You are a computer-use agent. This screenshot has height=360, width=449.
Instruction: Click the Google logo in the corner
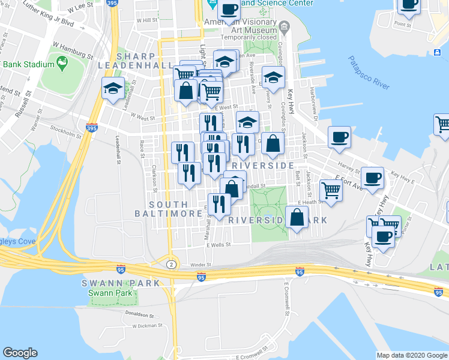[x=20, y=352]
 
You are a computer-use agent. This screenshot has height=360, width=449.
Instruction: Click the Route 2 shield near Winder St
[x=172, y=264]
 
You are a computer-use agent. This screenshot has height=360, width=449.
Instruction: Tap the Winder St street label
[x=201, y=264]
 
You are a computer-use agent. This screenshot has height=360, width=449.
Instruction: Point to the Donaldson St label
[x=140, y=313]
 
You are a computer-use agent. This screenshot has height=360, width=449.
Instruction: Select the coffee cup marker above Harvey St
[x=339, y=137]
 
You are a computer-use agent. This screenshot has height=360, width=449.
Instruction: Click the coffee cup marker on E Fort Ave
[x=372, y=178]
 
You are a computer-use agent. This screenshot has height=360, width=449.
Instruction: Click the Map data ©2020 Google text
[x=411, y=355]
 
